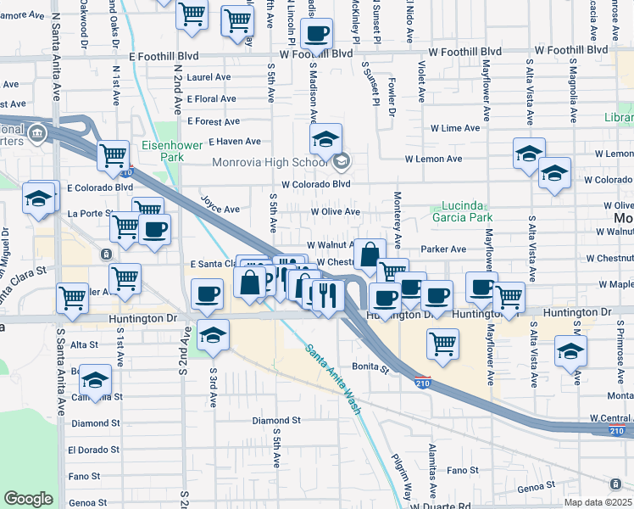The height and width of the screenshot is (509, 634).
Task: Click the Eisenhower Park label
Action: tap(172, 151)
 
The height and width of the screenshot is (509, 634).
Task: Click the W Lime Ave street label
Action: tap(455, 128)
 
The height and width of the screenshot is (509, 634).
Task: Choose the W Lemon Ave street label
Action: tap(433, 159)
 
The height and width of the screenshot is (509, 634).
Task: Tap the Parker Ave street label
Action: tap(443, 249)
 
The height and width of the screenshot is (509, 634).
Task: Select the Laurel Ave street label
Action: tap(209, 76)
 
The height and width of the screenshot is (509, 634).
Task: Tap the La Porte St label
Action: tap(85, 213)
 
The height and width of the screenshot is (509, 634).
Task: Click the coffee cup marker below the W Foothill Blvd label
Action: tap(317, 34)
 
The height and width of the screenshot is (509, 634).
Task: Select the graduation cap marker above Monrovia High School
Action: tap(325, 139)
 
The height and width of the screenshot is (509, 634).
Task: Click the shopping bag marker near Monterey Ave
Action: tap(370, 254)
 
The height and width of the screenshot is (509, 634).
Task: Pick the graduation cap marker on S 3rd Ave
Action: tap(213, 334)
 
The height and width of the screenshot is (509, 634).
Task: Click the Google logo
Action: tap(28, 499)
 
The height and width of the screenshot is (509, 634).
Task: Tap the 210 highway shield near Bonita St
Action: tap(422, 383)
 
